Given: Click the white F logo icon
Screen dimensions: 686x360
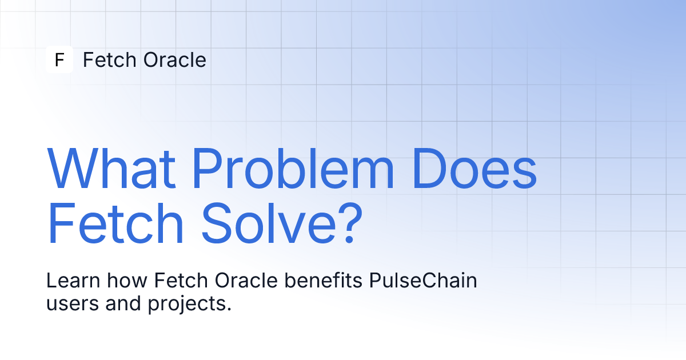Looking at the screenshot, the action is (x=59, y=59).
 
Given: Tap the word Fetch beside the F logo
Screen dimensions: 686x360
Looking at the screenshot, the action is (x=110, y=59).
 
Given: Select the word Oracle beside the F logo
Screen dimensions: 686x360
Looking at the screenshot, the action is (x=174, y=59).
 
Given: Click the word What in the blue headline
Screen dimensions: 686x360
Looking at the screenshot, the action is (x=111, y=169).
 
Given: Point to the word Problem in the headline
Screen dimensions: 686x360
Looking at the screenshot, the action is (x=293, y=168).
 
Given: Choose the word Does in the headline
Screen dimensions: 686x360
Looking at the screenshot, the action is (x=474, y=169).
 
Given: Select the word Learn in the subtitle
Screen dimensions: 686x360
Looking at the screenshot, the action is (x=73, y=280).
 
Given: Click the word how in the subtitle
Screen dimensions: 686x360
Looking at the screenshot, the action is (x=127, y=280).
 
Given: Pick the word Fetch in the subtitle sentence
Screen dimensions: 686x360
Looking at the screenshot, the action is (x=181, y=280).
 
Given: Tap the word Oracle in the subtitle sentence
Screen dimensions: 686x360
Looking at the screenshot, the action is (x=246, y=280).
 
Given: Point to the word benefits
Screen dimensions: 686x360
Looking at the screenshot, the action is (x=324, y=280).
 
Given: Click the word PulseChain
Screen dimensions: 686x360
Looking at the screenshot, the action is (x=423, y=280).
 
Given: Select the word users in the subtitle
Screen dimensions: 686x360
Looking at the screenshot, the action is (x=73, y=303).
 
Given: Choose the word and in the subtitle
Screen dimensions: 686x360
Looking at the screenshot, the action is (x=123, y=303).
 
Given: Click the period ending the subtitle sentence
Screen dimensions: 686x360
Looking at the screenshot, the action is (x=229, y=309).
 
